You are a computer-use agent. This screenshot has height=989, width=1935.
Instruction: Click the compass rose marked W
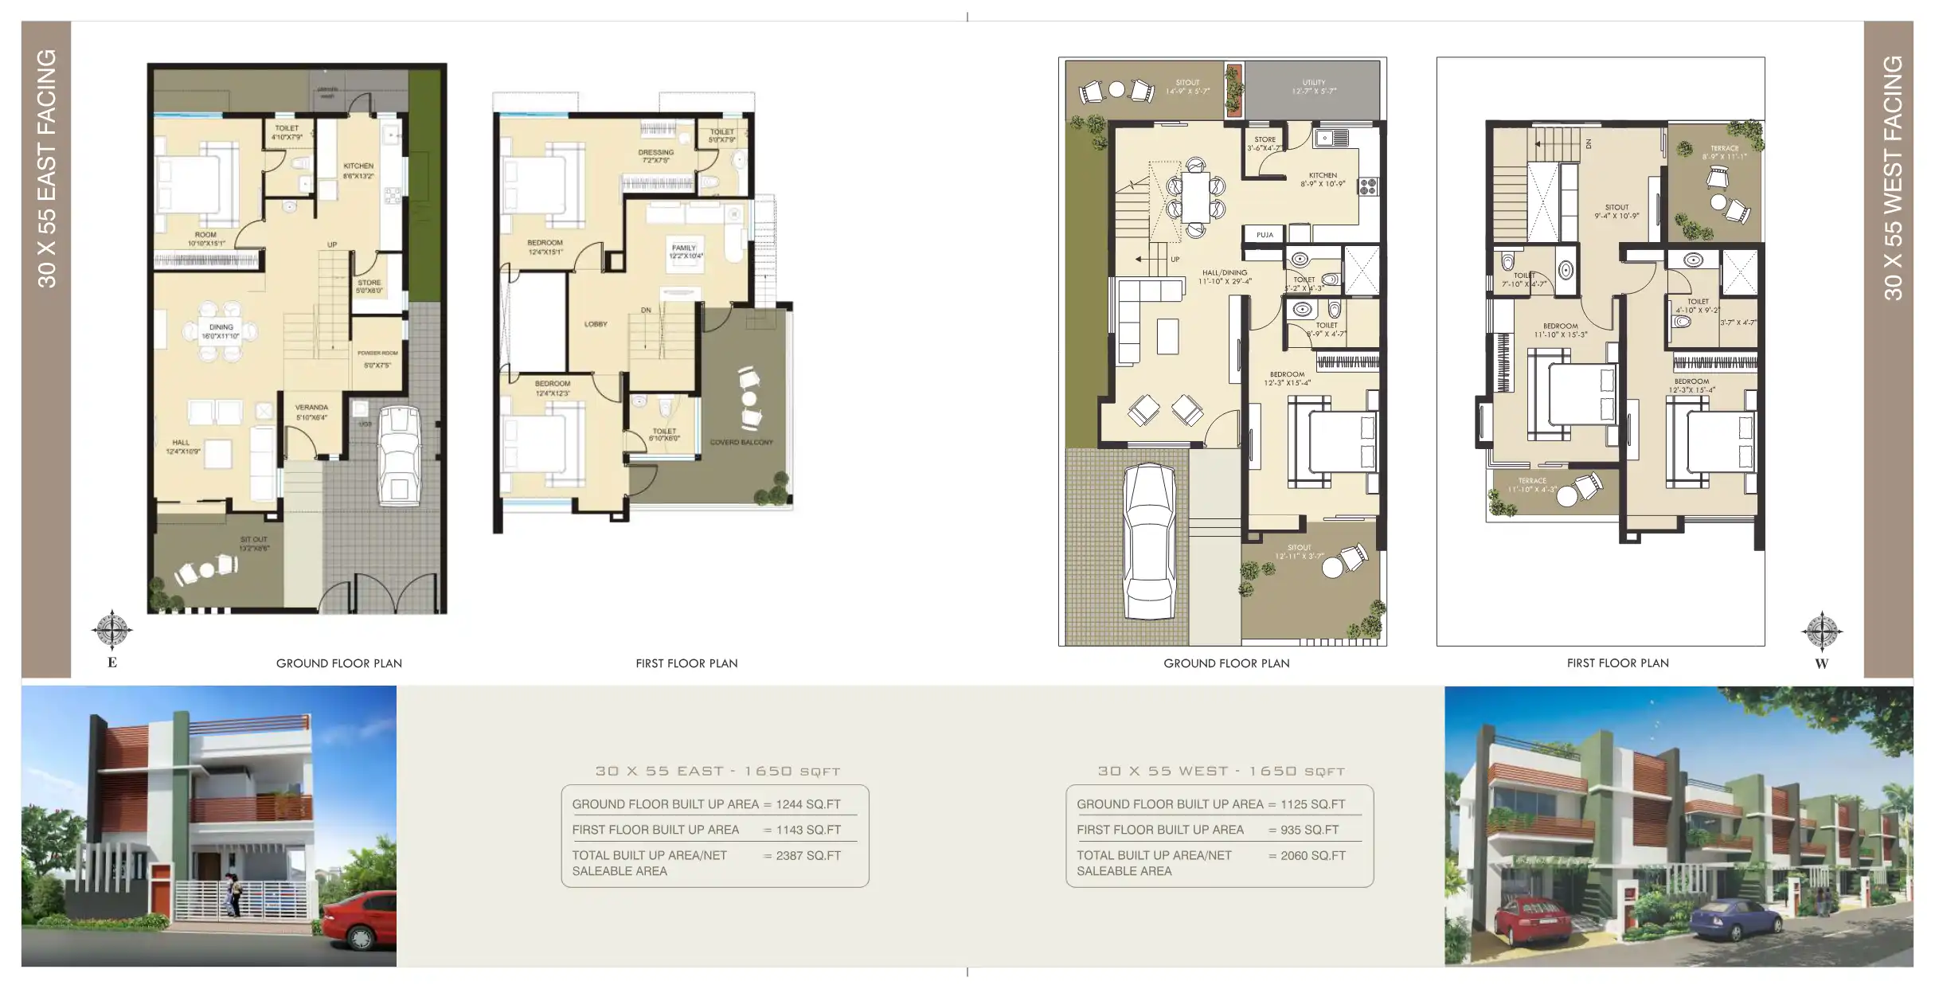tap(1821, 632)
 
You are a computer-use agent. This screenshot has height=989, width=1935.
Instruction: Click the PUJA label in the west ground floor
tap(1265, 235)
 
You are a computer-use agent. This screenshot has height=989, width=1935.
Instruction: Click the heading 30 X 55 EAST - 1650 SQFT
tap(717, 771)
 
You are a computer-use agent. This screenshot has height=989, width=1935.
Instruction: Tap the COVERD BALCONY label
tap(741, 442)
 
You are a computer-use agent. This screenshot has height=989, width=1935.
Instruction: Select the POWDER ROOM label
tap(377, 353)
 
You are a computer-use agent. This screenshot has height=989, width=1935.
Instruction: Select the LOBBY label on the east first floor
tap(596, 324)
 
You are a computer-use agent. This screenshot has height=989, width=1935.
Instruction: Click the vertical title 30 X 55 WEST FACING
tap(1892, 178)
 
